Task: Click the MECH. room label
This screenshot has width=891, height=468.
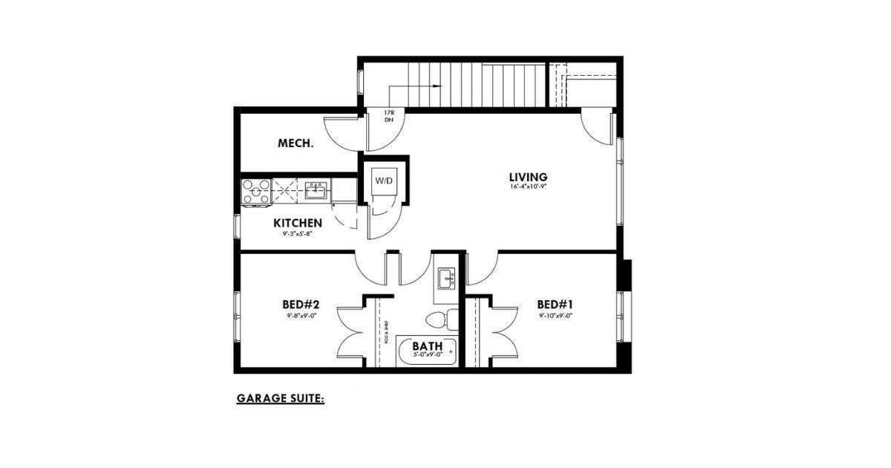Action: coord(296,143)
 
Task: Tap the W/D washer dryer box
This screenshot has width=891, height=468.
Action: coord(384,181)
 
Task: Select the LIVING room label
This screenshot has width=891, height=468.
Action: coord(528,177)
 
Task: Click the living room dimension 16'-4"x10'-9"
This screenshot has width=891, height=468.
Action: coord(528,187)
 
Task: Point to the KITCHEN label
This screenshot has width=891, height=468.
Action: coord(298,223)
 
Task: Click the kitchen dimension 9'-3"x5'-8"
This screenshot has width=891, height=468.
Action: coord(298,234)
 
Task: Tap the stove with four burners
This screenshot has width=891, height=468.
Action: coord(256,192)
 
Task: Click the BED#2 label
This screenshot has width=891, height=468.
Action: coord(300,305)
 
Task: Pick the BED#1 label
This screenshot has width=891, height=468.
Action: coord(555,305)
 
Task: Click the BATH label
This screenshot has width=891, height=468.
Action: coord(427,346)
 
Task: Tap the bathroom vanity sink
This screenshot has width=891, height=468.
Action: coord(446,280)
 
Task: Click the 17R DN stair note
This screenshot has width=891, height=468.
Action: coord(388,116)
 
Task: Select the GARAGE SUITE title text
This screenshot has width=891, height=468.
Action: coord(280,399)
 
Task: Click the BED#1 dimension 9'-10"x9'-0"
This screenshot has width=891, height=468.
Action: coord(555,316)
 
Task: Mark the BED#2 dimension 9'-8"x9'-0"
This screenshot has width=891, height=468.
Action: coord(300,316)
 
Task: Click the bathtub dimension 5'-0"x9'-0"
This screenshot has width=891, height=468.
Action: coord(427,355)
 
